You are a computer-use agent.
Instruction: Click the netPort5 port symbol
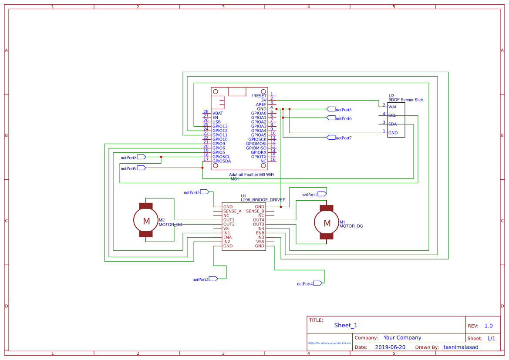tap(330, 109)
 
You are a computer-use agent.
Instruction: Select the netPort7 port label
tap(344, 138)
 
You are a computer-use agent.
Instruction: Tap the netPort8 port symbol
tap(142, 157)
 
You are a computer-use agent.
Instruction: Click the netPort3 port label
tap(192, 192)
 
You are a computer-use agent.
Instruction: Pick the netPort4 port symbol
tap(318, 283)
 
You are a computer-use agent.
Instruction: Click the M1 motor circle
tap(327, 223)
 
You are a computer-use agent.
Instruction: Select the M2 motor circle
tap(146, 221)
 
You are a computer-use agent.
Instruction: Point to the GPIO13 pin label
tap(220, 126)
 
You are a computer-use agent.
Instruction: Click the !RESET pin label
tap(259, 96)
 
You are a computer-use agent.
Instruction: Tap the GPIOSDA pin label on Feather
tap(222, 161)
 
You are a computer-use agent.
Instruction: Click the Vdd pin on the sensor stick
tap(392, 107)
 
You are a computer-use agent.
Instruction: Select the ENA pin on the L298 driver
tap(227, 237)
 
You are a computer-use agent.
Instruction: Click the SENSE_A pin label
tap(232, 211)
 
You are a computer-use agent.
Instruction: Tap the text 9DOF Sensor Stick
tap(406, 100)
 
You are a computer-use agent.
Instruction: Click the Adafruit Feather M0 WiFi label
tap(252, 174)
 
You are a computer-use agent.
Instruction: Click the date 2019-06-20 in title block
tap(390, 347)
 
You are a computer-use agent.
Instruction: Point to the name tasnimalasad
tap(461, 347)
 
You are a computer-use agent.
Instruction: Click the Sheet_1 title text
tap(346, 325)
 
